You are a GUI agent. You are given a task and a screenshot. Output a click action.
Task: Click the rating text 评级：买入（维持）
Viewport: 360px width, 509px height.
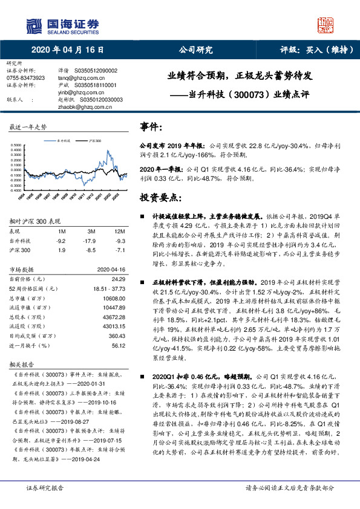pyautogui.click(x=310, y=51)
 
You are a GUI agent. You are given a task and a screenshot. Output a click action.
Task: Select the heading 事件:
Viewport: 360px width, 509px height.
pyautogui.click(x=151, y=126)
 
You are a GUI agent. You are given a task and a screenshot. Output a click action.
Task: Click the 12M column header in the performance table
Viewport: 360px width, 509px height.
pyautogui.click(x=119, y=232)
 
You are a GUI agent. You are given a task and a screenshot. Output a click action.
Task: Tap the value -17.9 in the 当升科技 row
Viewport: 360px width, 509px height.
pyautogui.click(x=91, y=240)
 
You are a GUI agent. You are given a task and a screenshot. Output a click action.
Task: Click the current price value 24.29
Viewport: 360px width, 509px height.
pyautogui.click(x=118, y=279)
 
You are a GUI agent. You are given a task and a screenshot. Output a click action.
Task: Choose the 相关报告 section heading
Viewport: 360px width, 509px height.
pyautogui.click(x=21, y=365)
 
